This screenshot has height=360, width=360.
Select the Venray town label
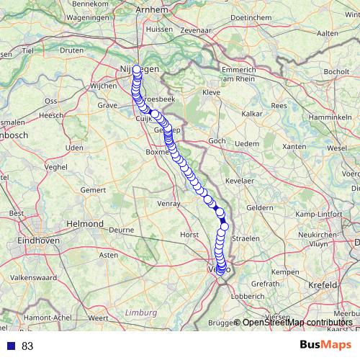(168, 204)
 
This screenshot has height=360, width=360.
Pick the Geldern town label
(260, 207)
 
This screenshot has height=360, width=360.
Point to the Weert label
(98, 317)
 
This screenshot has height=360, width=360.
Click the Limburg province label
(140, 312)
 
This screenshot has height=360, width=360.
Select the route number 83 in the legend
(27, 346)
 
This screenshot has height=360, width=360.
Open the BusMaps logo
(325, 345)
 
